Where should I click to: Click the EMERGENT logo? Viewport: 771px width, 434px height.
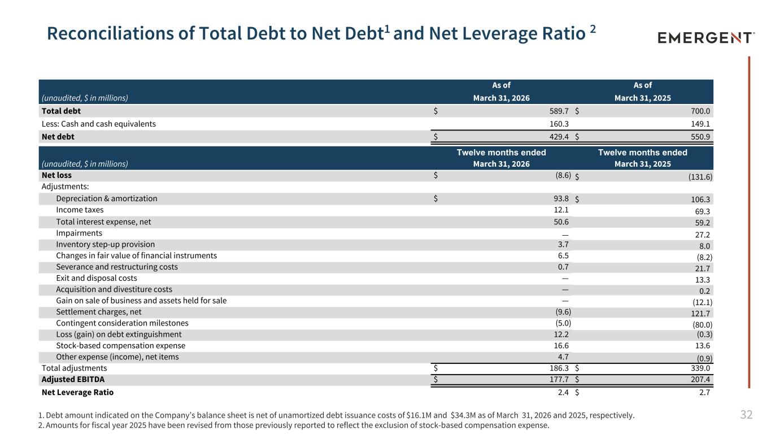706,37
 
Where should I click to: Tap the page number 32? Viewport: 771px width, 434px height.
746,414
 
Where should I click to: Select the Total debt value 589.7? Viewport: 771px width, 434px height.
559,111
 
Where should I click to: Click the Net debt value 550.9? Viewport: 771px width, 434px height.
700,137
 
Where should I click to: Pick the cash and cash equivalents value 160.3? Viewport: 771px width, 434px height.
559,124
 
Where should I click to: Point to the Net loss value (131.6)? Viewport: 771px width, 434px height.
700,177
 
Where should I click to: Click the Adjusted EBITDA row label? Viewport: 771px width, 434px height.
73,379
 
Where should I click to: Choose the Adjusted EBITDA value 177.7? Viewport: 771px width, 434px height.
559,379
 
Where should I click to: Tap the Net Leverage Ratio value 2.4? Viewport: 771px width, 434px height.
563,392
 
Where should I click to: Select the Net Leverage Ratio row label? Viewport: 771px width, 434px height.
77,392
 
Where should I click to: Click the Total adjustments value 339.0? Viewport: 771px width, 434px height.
700,368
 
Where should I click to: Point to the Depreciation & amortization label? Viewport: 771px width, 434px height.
107,198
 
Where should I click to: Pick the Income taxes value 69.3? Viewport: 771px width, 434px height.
703,211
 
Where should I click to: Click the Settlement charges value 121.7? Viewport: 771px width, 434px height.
700,314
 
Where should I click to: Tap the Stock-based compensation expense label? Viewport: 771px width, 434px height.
120,345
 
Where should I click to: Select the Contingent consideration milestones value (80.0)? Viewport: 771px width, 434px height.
702,324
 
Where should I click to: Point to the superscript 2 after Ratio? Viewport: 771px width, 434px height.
593,29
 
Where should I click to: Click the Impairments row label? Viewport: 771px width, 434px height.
79,233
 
